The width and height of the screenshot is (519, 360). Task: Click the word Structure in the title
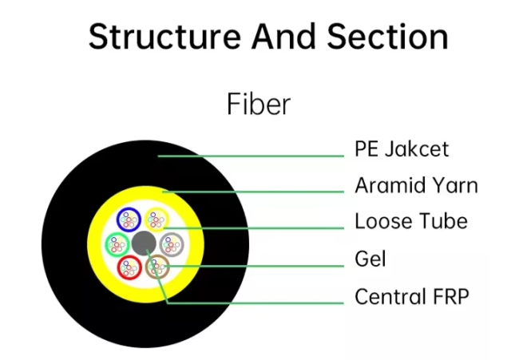pos(164,37)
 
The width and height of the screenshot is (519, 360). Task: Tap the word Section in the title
pos(387,37)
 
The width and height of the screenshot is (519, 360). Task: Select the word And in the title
pos(283,37)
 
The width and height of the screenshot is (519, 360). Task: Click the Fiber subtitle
pos(259,104)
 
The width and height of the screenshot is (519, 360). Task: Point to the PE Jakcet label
pos(402,149)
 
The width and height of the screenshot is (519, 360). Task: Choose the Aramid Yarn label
pos(416,185)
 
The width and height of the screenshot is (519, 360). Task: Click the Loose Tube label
pos(411,221)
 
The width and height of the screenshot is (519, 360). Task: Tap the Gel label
pos(370,259)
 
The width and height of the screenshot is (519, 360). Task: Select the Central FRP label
pos(412,296)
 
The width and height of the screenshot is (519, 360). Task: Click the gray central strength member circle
pos(144,243)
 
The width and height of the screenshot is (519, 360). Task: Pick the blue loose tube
pos(129,220)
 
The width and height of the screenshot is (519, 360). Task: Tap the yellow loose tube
pos(156,219)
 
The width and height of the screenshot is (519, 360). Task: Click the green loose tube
pos(117,244)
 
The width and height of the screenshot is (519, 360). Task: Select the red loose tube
pos(129,267)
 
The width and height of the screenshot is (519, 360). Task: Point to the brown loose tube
pos(157,267)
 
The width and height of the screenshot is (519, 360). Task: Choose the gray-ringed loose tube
pos(172,244)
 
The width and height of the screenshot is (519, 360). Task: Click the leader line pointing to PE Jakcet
pos(251,156)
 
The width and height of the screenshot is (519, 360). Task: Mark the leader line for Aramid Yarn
pos(253,192)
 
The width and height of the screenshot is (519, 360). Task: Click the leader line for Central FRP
pos(168,303)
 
